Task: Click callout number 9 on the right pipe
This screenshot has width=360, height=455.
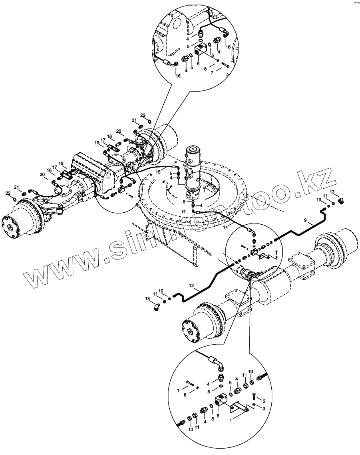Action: click(305, 220)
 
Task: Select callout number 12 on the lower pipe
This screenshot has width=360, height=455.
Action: click(191, 286)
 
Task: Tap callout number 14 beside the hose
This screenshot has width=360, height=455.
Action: click(225, 227)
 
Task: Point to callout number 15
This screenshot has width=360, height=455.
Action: click(158, 172)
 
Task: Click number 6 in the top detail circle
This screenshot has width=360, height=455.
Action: click(198, 64)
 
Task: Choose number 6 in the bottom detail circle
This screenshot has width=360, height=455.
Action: click(218, 416)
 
